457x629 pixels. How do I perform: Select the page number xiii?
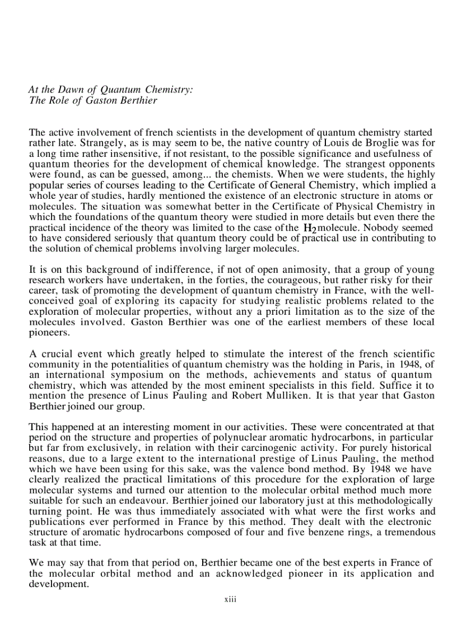click(x=228, y=599)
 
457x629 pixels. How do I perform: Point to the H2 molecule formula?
click(x=310, y=229)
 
